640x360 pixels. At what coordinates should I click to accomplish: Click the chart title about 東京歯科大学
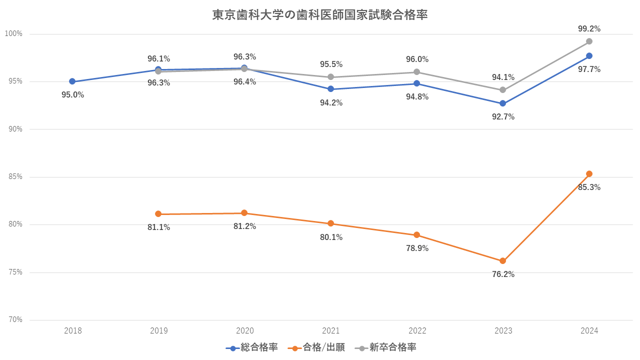[x=320, y=15]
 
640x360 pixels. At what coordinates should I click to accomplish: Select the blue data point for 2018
[x=72, y=81]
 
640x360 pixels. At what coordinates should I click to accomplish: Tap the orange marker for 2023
[x=503, y=261]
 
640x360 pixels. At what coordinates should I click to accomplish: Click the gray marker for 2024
[x=589, y=41]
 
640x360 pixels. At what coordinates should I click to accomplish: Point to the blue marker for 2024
[x=589, y=55]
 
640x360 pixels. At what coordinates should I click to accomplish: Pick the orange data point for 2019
[x=158, y=214]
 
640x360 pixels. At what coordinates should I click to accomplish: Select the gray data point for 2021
[x=330, y=77]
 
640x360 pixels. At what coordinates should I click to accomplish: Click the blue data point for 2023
[x=503, y=103]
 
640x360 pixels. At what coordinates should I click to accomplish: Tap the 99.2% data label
[x=589, y=28]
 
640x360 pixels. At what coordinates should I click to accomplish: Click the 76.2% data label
[x=503, y=274]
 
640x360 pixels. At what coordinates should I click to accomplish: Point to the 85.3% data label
[x=589, y=187]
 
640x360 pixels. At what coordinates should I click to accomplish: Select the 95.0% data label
[x=72, y=95]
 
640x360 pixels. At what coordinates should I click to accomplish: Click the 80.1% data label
[x=331, y=237]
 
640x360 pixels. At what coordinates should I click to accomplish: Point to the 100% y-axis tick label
[x=13, y=34]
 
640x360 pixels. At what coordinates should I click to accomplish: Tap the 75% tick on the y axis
[x=14, y=272]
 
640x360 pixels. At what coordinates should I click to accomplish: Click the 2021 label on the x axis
[x=331, y=330]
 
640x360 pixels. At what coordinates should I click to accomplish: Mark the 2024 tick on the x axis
[x=589, y=330]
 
